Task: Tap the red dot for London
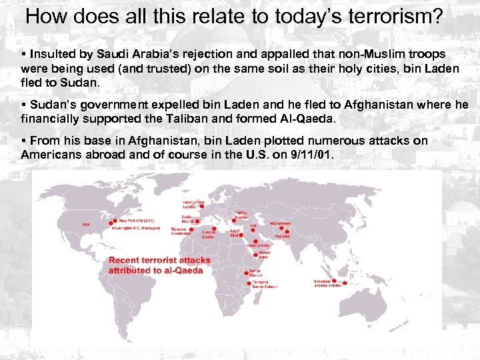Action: (201, 206)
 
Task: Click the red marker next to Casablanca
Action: (191, 230)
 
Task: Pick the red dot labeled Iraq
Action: (253, 230)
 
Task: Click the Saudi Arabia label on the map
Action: (258, 245)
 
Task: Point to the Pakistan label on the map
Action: (283, 237)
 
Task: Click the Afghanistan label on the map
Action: (280, 223)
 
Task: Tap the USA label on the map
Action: (85, 225)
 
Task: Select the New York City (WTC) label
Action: (137, 221)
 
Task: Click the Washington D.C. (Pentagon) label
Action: (135, 228)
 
